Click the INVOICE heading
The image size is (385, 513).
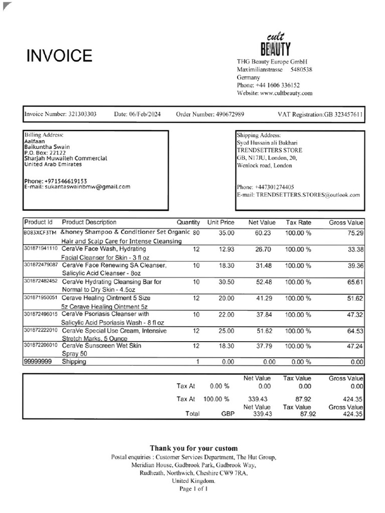(x=59, y=56)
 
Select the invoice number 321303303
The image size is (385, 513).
(x=82, y=114)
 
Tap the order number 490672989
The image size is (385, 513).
(x=230, y=114)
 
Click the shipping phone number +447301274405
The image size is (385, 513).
(x=275, y=187)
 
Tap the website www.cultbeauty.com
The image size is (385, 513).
(x=286, y=93)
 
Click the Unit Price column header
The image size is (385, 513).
(x=221, y=222)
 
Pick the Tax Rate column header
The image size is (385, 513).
(x=298, y=222)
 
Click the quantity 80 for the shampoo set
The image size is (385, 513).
(x=196, y=232)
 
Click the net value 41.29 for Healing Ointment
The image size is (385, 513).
(x=267, y=298)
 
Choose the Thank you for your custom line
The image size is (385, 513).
(x=194, y=448)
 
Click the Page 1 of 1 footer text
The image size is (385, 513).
(x=194, y=488)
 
